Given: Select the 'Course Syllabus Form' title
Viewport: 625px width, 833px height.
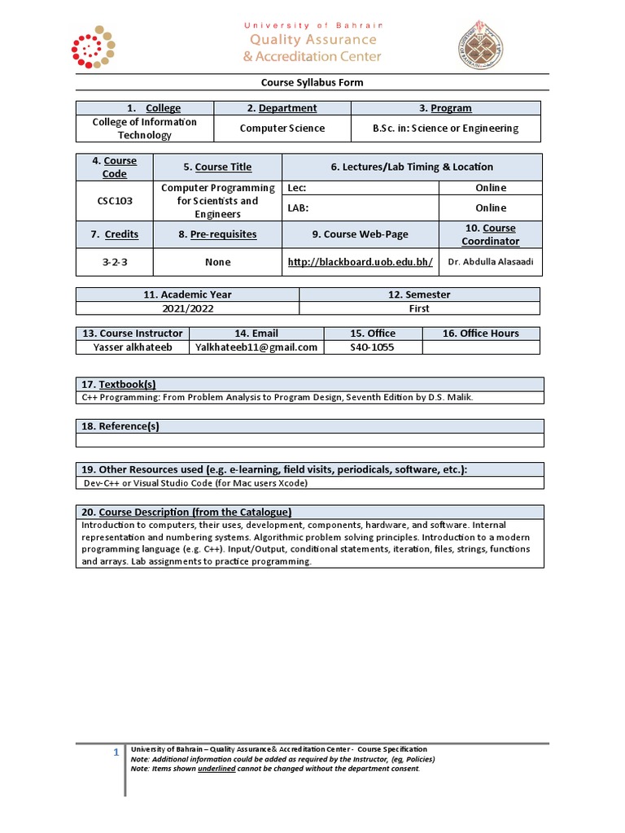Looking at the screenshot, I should tap(312, 83).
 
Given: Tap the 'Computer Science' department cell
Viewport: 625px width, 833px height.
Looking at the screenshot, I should tap(282, 129).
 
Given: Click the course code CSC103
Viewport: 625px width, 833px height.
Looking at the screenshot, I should tap(115, 200).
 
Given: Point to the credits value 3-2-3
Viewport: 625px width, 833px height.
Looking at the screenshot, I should tap(115, 262).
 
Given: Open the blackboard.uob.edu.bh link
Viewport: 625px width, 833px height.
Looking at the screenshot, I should tap(361, 262).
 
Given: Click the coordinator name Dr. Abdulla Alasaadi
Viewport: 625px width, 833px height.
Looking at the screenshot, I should tap(491, 262).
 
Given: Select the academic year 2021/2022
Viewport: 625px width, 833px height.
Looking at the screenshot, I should tap(187, 308).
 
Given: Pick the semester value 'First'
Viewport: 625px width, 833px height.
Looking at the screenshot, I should tap(419, 308).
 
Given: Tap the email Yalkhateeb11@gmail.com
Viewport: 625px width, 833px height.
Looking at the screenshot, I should tap(256, 347).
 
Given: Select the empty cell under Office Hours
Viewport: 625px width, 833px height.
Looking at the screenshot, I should tap(481, 347).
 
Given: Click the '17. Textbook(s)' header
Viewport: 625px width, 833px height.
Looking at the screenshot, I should tap(119, 384).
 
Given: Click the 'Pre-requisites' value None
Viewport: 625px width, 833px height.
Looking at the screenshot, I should tap(217, 262).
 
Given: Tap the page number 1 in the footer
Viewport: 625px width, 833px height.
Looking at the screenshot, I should tap(116, 753).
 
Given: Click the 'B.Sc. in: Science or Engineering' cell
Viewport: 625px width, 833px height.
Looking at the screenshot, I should tap(445, 129).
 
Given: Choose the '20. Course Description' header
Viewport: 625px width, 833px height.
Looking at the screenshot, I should tap(186, 512).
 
